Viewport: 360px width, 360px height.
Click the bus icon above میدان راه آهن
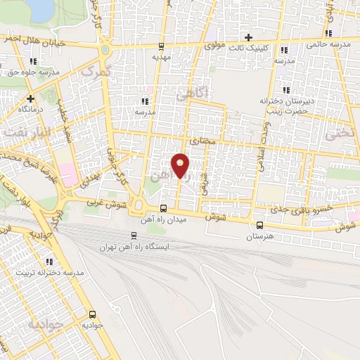point(164,208)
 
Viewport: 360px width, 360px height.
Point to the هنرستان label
point(259,238)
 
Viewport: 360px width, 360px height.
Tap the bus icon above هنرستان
point(261,226)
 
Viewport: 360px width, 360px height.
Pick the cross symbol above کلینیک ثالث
point(247,37)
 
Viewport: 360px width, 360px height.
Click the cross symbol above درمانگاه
point(30,98)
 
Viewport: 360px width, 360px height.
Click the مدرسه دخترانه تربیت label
point(54,271)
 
